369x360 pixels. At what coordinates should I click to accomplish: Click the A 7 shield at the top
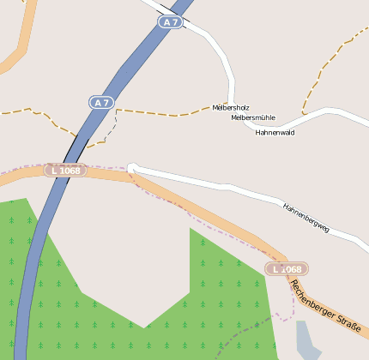[x=170, y=22]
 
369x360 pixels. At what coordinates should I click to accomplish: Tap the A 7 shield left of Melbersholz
[x=101, y=103]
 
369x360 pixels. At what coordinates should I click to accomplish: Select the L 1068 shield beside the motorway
[x=66, y=171]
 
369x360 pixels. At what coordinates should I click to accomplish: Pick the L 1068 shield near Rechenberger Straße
[x=287, y=269]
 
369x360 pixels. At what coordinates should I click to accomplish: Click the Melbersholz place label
[x=231, y=108]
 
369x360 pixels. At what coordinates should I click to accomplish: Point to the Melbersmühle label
[x=253, y=117]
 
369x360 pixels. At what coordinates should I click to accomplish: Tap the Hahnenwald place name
[x=275, y=132]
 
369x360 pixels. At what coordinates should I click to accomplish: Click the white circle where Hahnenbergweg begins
[x=131, y=167]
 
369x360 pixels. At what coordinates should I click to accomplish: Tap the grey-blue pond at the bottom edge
[x=307, y=341]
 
